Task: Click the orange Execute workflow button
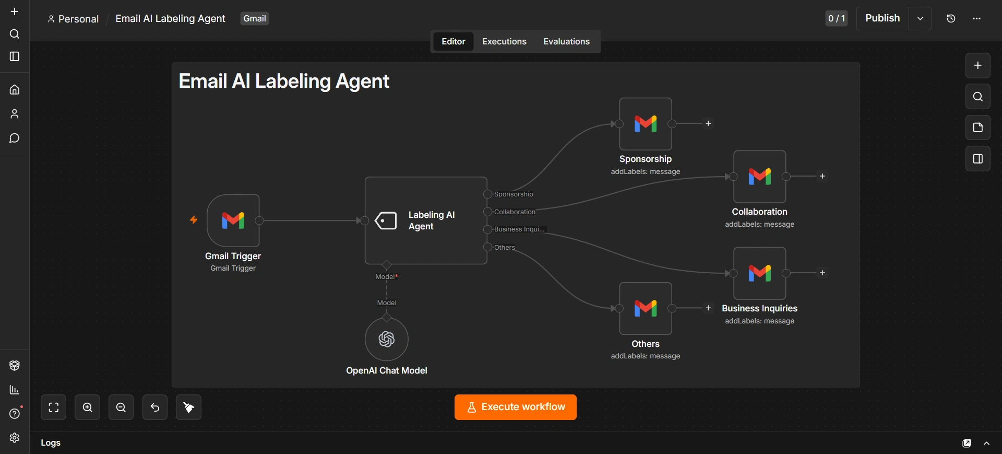pos(515,407)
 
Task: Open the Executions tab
pos(504,41)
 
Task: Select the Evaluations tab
pos(566,41)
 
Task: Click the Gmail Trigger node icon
pos(233,220)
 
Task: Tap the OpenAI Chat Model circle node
pos(387,339)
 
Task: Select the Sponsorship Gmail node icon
pos(646,124)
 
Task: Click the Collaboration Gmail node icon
pos(760,177)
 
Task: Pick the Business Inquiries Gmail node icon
pos(760,273)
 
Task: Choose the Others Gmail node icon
pos(646,308)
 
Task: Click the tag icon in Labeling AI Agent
pos(386,220)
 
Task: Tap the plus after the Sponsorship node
pos(708,123)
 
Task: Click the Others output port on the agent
pos(487,247)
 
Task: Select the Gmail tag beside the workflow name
pos(255,18)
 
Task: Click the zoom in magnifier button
pos(88,408)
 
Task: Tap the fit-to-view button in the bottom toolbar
pos(54,408)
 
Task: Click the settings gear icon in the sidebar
pos(15,438)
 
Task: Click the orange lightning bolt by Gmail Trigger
pos(194,220)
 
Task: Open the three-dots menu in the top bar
pos(976,18)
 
